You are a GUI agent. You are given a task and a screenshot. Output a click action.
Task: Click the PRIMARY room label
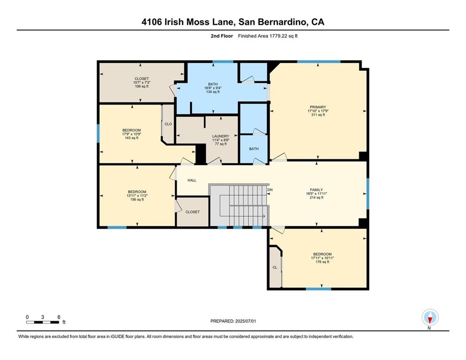318,107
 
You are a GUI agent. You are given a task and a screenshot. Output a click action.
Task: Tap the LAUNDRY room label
221,136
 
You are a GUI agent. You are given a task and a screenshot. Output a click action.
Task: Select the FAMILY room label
316,190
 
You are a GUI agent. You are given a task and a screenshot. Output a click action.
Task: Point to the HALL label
192,180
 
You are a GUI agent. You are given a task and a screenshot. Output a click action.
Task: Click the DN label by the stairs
270,190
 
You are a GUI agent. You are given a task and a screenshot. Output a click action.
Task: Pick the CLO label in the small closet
168,124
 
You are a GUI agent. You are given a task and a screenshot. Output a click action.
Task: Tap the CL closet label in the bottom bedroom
275,267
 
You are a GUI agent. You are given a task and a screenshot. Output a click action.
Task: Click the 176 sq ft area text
322,262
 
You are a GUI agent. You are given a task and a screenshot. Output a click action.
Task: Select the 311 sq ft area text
318,115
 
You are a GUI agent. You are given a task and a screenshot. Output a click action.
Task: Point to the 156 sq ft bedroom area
137,199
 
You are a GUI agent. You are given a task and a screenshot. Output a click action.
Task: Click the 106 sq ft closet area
141,87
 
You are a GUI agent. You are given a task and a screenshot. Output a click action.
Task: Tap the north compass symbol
430,318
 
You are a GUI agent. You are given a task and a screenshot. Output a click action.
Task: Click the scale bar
43,322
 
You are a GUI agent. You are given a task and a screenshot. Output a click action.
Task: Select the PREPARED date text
233,321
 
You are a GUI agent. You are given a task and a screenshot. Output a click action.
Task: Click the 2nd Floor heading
222,36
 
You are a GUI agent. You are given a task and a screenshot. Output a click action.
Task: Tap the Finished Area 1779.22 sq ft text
268,36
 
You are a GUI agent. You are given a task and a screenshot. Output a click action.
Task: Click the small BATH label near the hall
254,149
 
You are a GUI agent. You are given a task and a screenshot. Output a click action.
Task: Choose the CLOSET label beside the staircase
193,212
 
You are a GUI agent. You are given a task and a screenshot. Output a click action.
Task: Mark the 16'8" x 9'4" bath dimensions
213,88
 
